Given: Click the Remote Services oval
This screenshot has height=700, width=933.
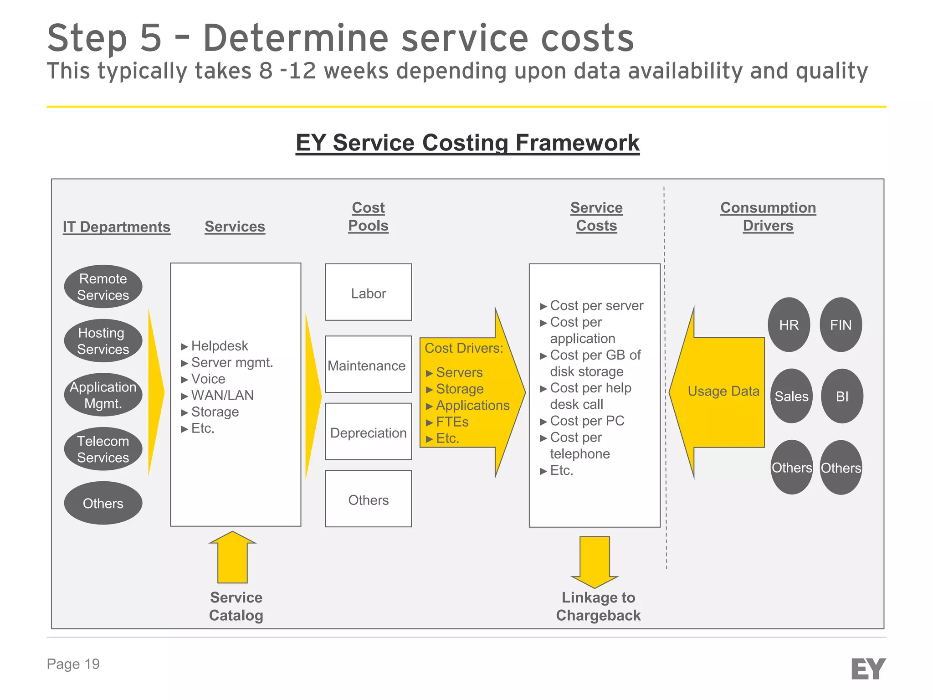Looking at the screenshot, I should click(x=103, y=287).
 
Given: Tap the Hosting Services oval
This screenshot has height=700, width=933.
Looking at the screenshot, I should click(x=103, y=341).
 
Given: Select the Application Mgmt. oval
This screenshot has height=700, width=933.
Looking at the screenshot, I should click(x=103, y=395).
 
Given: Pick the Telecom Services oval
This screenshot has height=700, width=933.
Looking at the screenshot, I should click(x=103, y=449).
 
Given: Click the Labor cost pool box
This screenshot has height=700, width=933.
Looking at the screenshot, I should click(x=368, y=293).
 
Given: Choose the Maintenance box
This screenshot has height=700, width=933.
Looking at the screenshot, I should click(x=368, y=365).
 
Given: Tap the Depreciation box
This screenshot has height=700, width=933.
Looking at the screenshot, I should click(x=368, y=432).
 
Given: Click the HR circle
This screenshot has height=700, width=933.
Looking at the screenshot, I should click(x=789, y=325).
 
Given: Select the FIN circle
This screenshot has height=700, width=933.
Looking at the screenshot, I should click(x=841, y=325).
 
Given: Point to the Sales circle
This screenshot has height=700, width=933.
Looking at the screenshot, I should click(x=791, y=396).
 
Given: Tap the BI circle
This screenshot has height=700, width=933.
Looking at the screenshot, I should click(x=842, y=396).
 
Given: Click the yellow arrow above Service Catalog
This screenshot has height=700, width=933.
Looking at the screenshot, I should click(x=232, y=558).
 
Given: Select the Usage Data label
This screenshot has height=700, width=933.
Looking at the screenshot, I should click(x=723, y=391).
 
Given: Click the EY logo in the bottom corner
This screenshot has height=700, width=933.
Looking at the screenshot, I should click(x=868, y=669).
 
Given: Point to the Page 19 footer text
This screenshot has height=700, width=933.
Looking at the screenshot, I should click(x=73, y=664).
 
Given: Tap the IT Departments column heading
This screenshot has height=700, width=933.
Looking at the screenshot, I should click(x=117, y=226).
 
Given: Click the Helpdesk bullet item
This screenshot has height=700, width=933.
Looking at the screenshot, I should click(x=219, y=346).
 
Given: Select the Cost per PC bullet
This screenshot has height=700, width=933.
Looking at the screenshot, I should click(x=587, y=421).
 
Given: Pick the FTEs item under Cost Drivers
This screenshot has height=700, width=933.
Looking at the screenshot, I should click(x=452, y=422).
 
